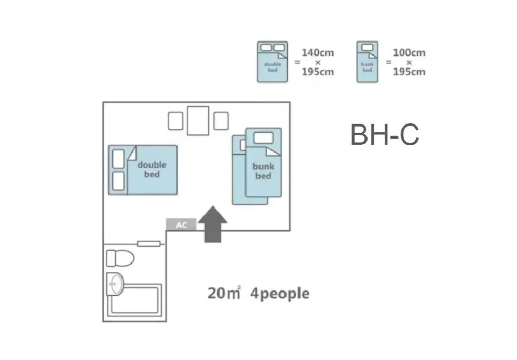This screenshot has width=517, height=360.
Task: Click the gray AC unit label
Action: [x=181, y=225]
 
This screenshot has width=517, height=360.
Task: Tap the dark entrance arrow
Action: [x=213, y=224]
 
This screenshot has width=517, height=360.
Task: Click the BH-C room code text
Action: [x=385, y=135]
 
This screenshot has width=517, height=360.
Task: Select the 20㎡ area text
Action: [x=224, y=293]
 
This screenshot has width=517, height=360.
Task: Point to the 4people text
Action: [x=280, y=294]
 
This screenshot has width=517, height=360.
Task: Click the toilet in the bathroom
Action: [x=120, y=257]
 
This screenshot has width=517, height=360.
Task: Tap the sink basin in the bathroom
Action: [x=116, y=283]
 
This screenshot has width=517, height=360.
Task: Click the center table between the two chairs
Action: [x=198, y=120]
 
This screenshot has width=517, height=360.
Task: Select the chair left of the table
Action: [x=175, y=121]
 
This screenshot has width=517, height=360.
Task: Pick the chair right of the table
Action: [x=221, y=121]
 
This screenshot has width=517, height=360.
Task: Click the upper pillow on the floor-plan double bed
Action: [x=118, y=159]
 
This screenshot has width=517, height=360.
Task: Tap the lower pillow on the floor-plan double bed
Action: [x=118, y=182]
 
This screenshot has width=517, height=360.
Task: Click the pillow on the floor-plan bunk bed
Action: [x=263, y=137]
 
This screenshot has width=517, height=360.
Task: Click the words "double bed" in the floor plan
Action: [x=152, y=170]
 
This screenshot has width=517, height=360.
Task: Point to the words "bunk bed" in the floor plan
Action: [x=263, y=171]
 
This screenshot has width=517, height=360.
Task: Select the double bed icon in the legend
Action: [x=273, y=62]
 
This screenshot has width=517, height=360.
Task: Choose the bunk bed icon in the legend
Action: [x=367, y=62]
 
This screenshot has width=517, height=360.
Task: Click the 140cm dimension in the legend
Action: [x=318, y=53]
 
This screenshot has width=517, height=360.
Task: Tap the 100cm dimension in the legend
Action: [x=409, y=53]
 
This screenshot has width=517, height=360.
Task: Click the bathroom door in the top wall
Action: [x=149, y=243]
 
